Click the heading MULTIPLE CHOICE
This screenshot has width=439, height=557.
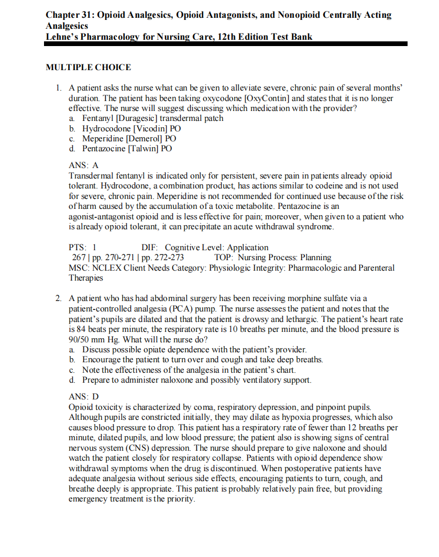(88, 68)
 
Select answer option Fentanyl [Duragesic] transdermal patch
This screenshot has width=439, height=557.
(152, 118)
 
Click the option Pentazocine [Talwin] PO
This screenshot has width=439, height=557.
(127, 148)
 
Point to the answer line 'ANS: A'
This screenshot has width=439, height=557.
(84, 165)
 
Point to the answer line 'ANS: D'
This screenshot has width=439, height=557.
(84, 397)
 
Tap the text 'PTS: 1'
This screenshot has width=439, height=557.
(83, 248)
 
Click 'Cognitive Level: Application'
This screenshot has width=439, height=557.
(216, 248)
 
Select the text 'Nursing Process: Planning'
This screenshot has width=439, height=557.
(284, 258)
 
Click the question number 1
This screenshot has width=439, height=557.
(59, 88)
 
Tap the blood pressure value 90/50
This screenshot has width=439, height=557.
(80, 339)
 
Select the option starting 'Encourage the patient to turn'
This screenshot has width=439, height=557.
(202, 360)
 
